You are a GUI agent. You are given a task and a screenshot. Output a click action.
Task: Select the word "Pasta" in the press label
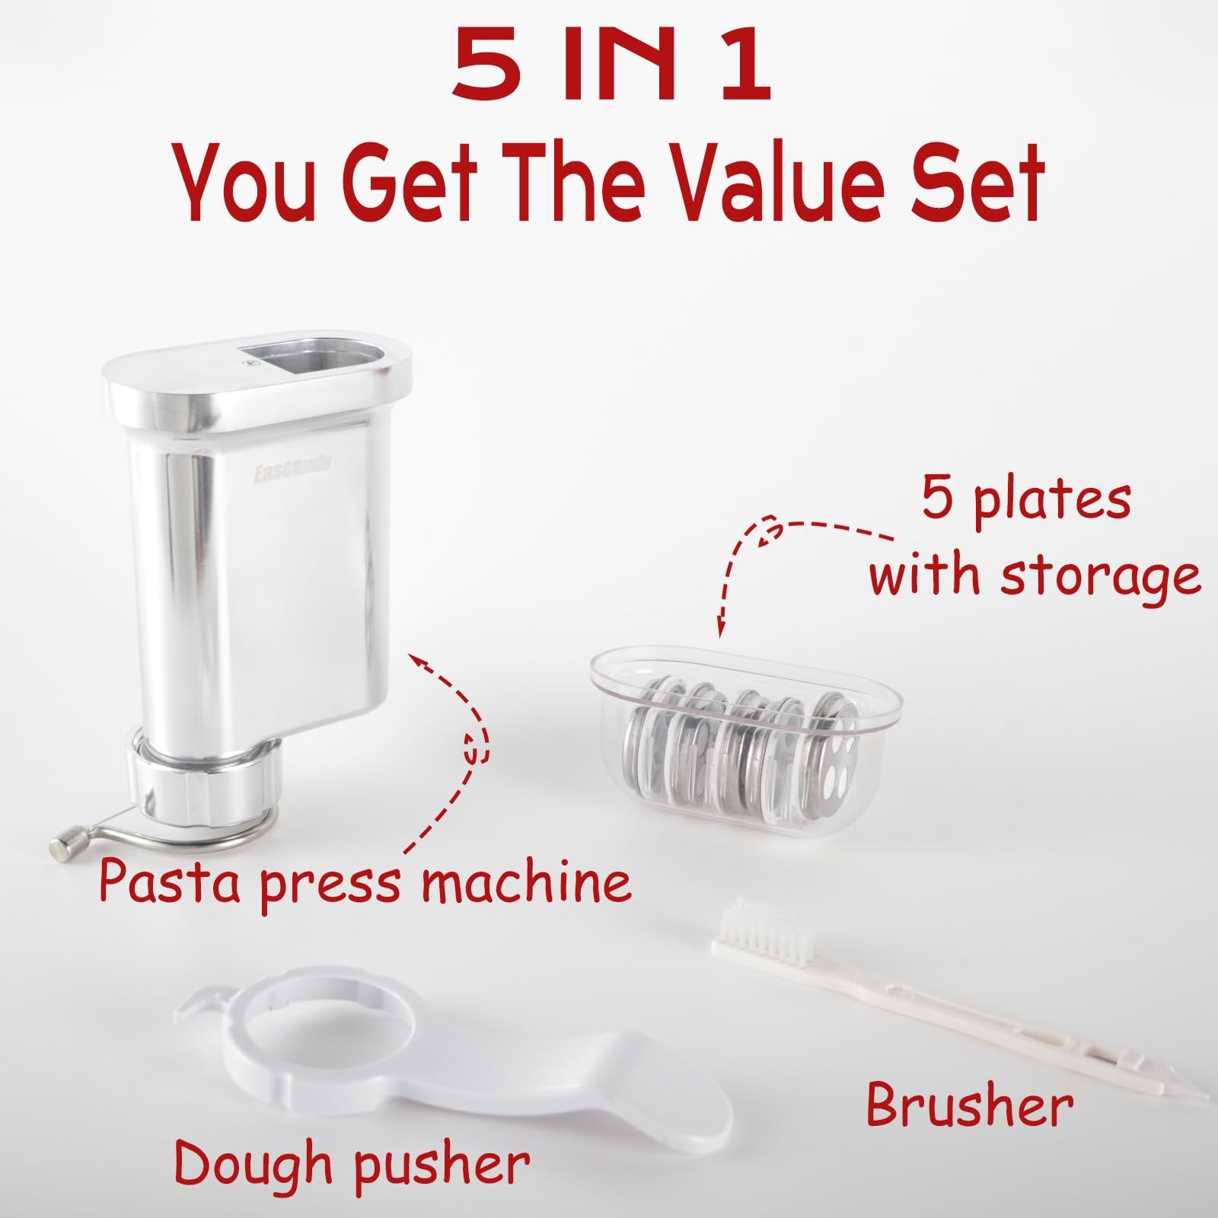[x=173, y=883]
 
